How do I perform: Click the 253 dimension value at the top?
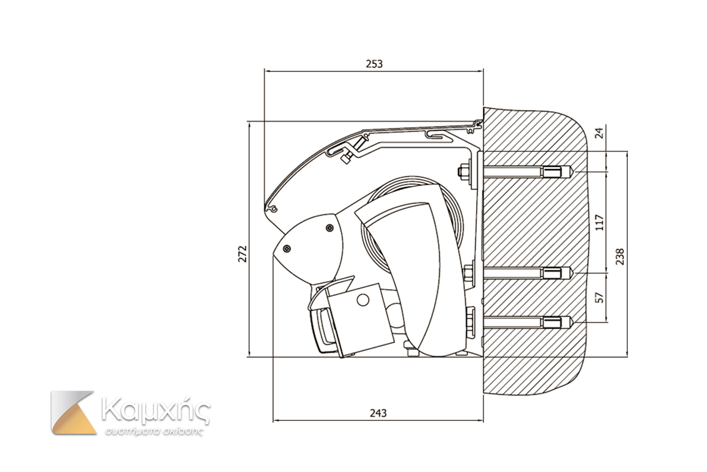[x=374, y=64]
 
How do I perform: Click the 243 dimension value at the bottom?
[x=378, y=413]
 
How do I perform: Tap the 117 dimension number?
[x=601, y=222]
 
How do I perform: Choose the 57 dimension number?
[x=601, y=296]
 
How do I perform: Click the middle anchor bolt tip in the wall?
[x=569, y=272]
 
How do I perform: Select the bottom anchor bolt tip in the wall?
[x=569, y=322]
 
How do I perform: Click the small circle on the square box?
[x=362, y=300]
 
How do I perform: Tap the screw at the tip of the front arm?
[x=286, y=249]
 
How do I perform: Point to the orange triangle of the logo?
[x=74, y=417]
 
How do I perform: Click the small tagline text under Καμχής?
[x=155, y=431]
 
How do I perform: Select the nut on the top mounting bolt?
[x=464, y=172]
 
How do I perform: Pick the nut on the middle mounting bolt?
[x=468, y=272]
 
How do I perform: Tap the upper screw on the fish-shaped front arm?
[x=330, y=228]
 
